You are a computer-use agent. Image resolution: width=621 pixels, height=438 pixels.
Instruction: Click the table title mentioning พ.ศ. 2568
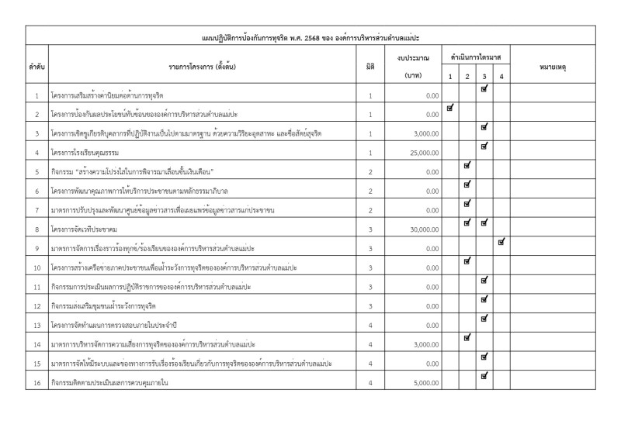click(x=310, y=37)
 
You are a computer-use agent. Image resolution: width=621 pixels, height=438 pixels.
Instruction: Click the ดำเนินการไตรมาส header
click(x=476, y=57)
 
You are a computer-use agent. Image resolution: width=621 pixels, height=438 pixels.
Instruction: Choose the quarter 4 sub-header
click(x=501, y=76)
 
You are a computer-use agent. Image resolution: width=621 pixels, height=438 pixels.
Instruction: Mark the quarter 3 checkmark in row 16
click(x=484, y=375)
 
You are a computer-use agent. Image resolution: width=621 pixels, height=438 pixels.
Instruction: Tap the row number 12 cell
click(x=36, y=305)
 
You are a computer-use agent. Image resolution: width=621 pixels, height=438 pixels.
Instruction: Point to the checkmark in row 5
click(x=467, y=165)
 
